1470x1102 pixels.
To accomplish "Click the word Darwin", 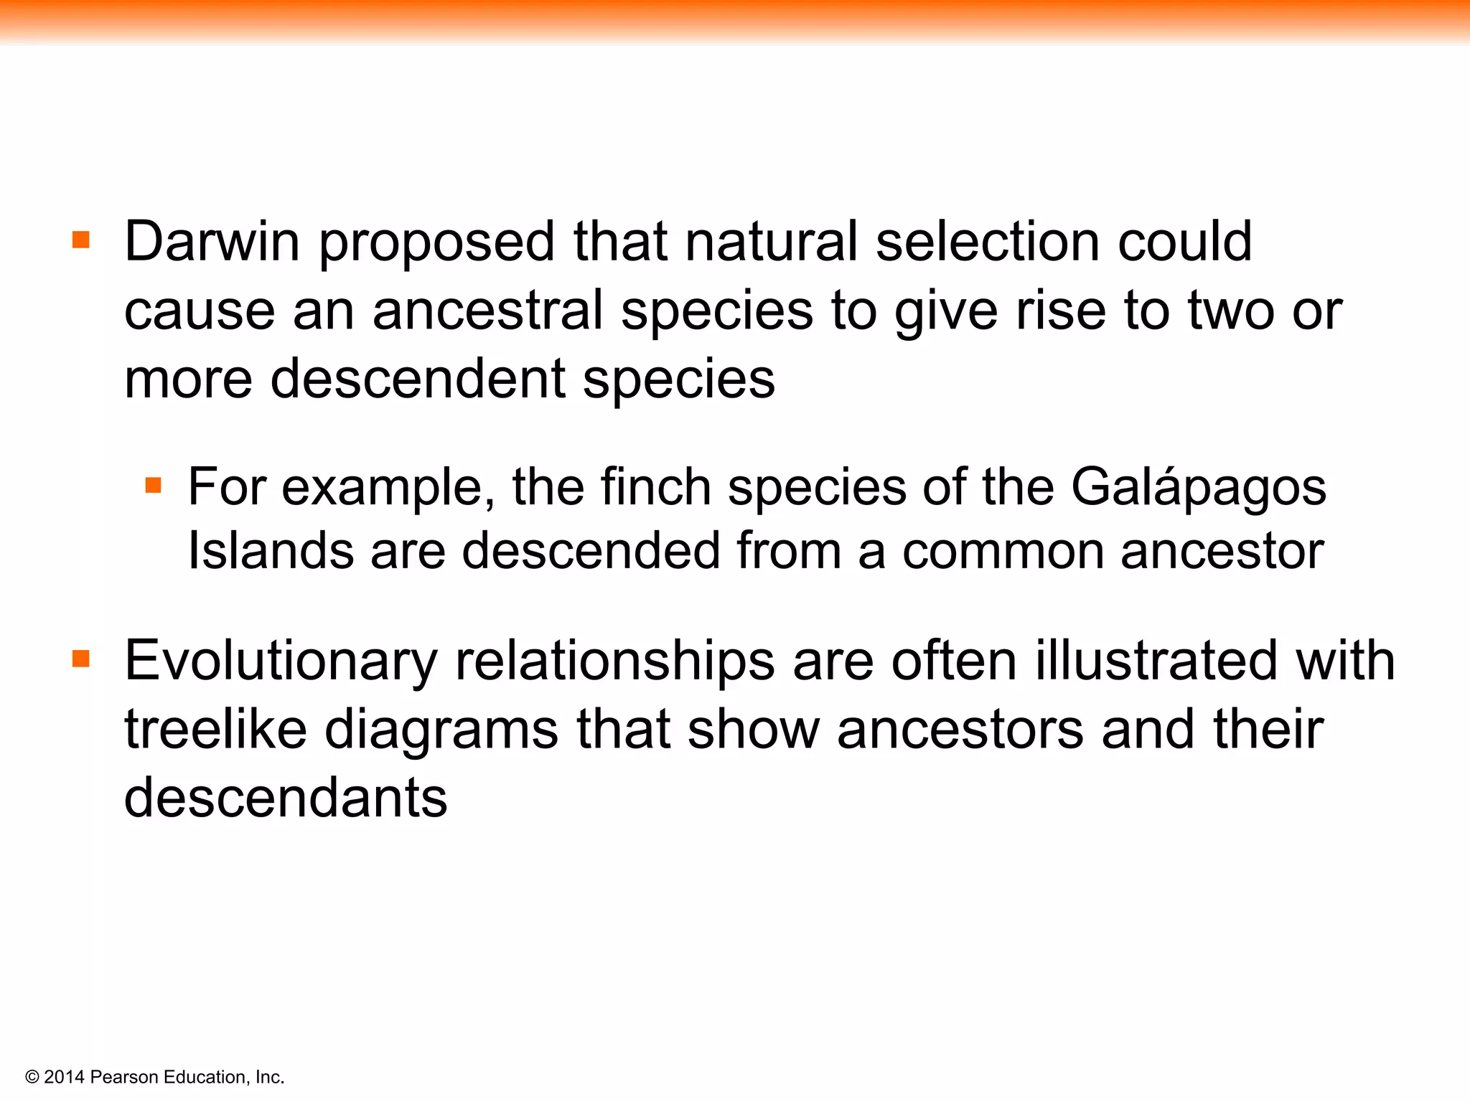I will pos(212,242).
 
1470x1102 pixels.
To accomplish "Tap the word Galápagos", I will pos(1198,489).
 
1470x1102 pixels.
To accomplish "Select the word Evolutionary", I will pos(281,661).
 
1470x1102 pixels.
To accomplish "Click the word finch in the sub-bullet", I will pos(655,487).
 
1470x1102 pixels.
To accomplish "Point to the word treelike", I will pos(216,730).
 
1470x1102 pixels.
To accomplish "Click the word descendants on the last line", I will pos(286,798).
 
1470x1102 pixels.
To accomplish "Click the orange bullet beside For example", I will pos(153,486).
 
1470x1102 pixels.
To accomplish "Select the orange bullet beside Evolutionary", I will pos(81,658).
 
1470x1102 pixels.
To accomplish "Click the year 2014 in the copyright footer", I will pos(64,1077).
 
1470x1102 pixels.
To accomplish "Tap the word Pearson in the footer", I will pos(124,1077).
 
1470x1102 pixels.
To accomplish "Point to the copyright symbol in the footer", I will pos(32,1078).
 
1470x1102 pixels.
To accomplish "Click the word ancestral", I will pos(487,311).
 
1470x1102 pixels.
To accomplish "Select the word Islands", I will pos(271,551).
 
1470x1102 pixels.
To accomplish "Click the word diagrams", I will pos(441,731).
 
